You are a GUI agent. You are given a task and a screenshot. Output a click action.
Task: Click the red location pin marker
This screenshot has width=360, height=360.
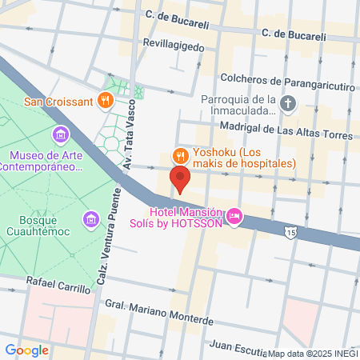pos(180,180)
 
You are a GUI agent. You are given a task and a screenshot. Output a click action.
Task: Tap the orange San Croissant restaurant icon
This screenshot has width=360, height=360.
pos(105,101)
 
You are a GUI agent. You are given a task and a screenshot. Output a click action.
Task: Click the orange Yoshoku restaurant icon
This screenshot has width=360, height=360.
pos(181,155)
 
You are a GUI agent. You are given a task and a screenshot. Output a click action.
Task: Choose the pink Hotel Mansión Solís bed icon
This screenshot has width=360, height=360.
pos(234,214)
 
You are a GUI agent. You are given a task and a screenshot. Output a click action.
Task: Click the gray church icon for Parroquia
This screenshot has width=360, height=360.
pos(289,103)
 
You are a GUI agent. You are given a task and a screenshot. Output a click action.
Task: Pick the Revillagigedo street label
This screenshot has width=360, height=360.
pos(175,46)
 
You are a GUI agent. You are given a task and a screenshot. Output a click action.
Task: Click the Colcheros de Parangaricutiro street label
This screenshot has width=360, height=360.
pos(265,81)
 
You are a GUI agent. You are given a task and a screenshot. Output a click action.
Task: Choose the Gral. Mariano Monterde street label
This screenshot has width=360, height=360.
pos(159,312)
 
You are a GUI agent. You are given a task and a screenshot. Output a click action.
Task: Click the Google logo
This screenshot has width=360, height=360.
pos(27,350)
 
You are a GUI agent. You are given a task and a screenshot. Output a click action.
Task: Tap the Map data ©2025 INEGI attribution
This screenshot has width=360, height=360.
pos(313,354)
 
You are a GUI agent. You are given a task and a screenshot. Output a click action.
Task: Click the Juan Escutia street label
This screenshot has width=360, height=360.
pos(238,346)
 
